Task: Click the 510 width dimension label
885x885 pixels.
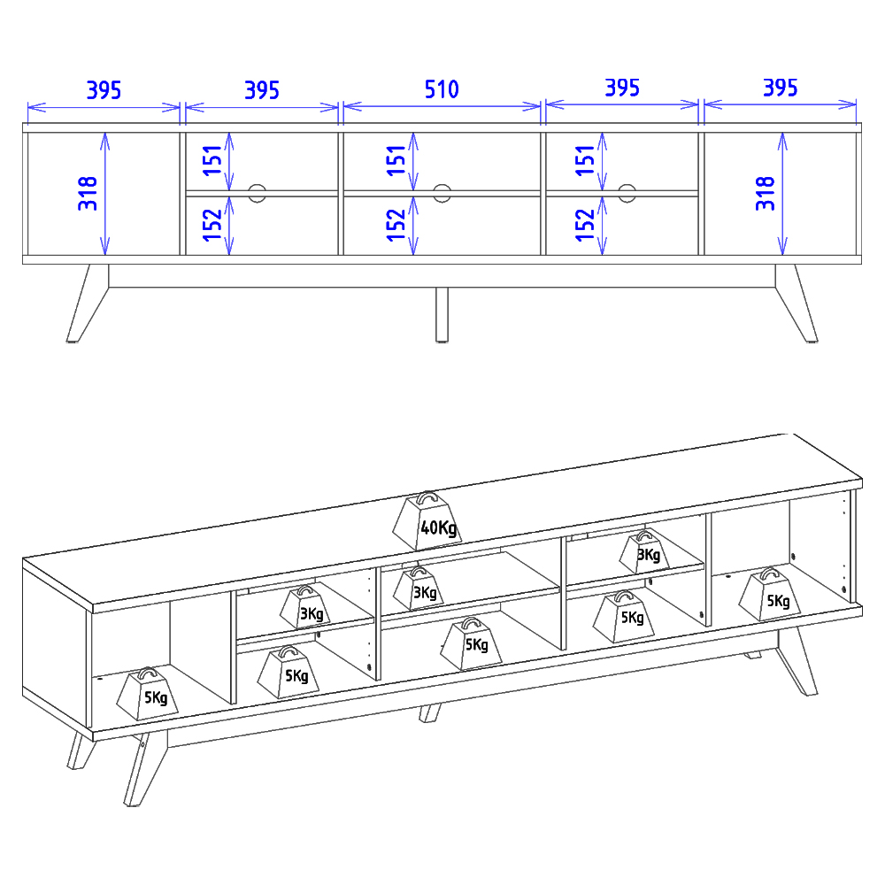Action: (x=442, y=89)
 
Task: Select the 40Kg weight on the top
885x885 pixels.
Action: (x=427, y=521)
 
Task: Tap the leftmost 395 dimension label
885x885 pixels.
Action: (x=104, y=90)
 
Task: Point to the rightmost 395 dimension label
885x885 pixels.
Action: (x=780, y=88)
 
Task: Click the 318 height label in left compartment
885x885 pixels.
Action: (x=88, y=194)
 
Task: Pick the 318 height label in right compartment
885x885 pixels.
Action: (x=766, y=194)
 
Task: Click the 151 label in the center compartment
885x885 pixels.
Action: (x=396, y=161)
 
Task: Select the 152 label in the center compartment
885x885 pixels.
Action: (x=396, y=225)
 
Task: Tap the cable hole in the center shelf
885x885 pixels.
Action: (x=442, y=193)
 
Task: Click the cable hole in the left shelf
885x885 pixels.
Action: (x=257, y=193)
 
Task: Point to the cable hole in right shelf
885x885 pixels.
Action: (x=627, y=193)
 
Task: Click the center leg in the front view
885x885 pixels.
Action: (x=442, y=314)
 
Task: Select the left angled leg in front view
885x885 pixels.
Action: (x=88, y=304)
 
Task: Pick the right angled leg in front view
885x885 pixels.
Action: (x=796, y=304)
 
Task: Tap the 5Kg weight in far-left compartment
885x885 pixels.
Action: (x=147, y=694)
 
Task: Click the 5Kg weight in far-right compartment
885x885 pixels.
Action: (x=769, y=595)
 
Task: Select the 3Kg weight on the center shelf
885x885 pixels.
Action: (x=419, y=589)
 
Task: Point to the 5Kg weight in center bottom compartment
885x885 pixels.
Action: (x=471, y=643)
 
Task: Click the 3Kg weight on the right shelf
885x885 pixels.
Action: (x=644, y=551)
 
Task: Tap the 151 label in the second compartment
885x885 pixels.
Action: (x=212, y=161)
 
